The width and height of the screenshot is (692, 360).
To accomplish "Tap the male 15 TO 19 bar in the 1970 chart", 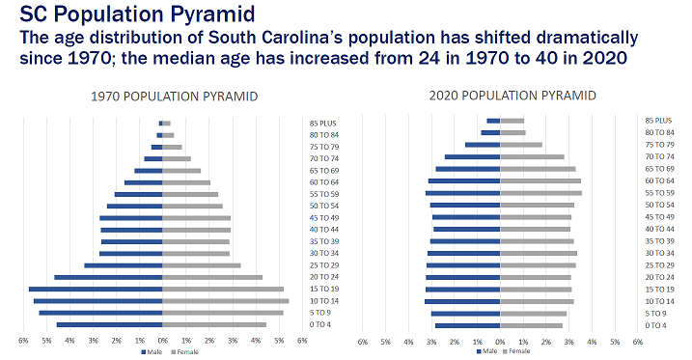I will (96, 289).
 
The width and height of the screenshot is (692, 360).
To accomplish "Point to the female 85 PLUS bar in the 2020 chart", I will (512, 121).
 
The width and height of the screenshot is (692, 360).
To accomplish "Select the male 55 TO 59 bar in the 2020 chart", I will (462, 193).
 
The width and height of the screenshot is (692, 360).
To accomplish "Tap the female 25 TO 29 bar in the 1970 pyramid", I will (201, 265).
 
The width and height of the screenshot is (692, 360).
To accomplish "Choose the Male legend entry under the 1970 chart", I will (152, 351).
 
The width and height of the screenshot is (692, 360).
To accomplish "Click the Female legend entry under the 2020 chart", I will (515, 351).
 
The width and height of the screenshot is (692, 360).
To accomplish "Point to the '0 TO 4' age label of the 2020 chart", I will (656, 325).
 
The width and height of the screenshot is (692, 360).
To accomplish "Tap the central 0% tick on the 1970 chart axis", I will (163, 341).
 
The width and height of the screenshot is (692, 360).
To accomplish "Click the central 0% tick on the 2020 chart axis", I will (499, 341).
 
